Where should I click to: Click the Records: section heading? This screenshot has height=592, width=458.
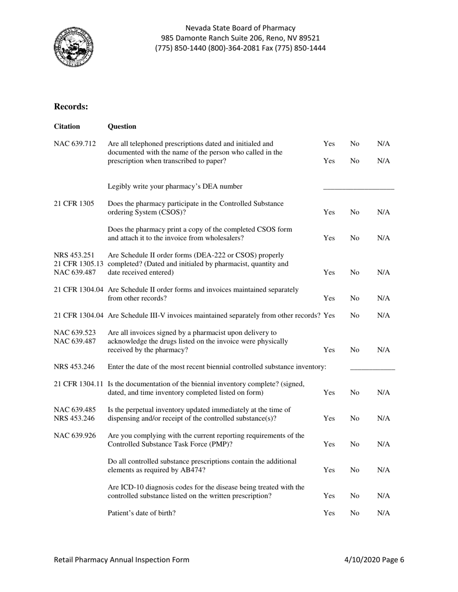pyautogui.click(x=71, y=106)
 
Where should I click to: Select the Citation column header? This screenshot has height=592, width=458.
pyautogui.click(x=67, y=127)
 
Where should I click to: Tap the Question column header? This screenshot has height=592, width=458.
pyautogui.click(x=122, y=127)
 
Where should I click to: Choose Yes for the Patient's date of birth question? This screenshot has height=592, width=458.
pyautogui.click(x=329, y=513)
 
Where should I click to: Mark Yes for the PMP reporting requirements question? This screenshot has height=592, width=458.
pyautogui.click(x=329, y=444)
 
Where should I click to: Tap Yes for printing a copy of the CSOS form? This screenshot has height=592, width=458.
pyautogui.click(x=329, y=238)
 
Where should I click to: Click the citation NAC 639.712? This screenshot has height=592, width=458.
pyautogui.click(x=75, y=143)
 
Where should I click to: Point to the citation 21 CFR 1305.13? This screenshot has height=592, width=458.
pyautogui.click(x=80, y=264)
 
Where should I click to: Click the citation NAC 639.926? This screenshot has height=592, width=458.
pyautogui.click(x=75, y=436)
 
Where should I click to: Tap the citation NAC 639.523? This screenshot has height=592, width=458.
pyautogui.click(x=75, y=333)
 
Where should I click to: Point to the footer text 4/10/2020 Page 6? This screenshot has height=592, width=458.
pyautogui.click(x=374, y=560)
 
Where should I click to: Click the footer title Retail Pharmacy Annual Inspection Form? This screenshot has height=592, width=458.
pyautogui.click(x=121, y=560)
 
